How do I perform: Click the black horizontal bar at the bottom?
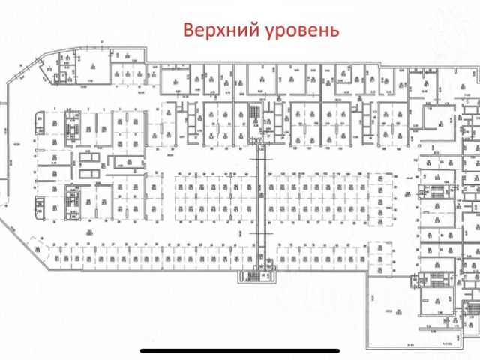pos(239,350)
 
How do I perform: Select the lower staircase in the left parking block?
pos(73,200)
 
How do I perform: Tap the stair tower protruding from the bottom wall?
pos(253,275)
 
